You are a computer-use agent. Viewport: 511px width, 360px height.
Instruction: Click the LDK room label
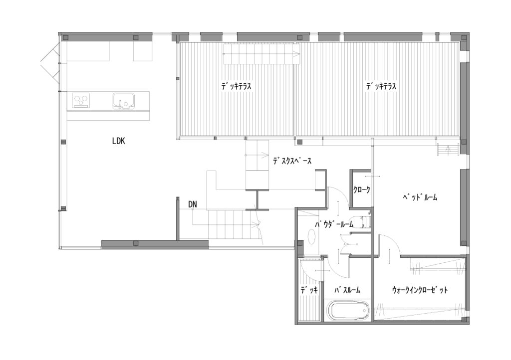pyautogui.click(x=119, y=141)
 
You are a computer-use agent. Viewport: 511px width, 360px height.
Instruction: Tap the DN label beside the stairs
pyautogui.click(x=193, y=204)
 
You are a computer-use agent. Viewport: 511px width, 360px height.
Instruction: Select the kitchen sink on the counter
pyautogui.click(x=124, y=101)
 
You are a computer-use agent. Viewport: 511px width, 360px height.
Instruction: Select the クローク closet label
pyautogui.click(x=361, y=189)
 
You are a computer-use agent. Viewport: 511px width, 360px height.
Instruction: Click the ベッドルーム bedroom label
pyautogui.click(x=420, y=197)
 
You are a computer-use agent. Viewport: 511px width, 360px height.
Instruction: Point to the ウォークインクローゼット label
pyautogui.click(x=420, y=290)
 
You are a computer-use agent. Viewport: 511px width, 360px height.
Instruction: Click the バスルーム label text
pyautogui.click(x=347, y=290)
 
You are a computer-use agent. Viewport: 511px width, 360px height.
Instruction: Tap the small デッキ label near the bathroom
pyautogui.click(x=309, y=290)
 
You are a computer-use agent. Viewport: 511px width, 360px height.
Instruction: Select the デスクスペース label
pyautogui.click(x=292, y=161)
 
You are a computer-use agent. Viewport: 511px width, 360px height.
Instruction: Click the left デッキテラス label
pyautogui.click(x=236, y=87)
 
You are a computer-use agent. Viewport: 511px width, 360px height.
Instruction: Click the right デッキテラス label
pyautogui.click(x=381, y=87)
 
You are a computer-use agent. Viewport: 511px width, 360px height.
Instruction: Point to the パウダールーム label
pyautogui.click(x=334, y=224)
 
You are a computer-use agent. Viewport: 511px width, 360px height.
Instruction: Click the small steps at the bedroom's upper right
pyautogui.click(x=448, y=150)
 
